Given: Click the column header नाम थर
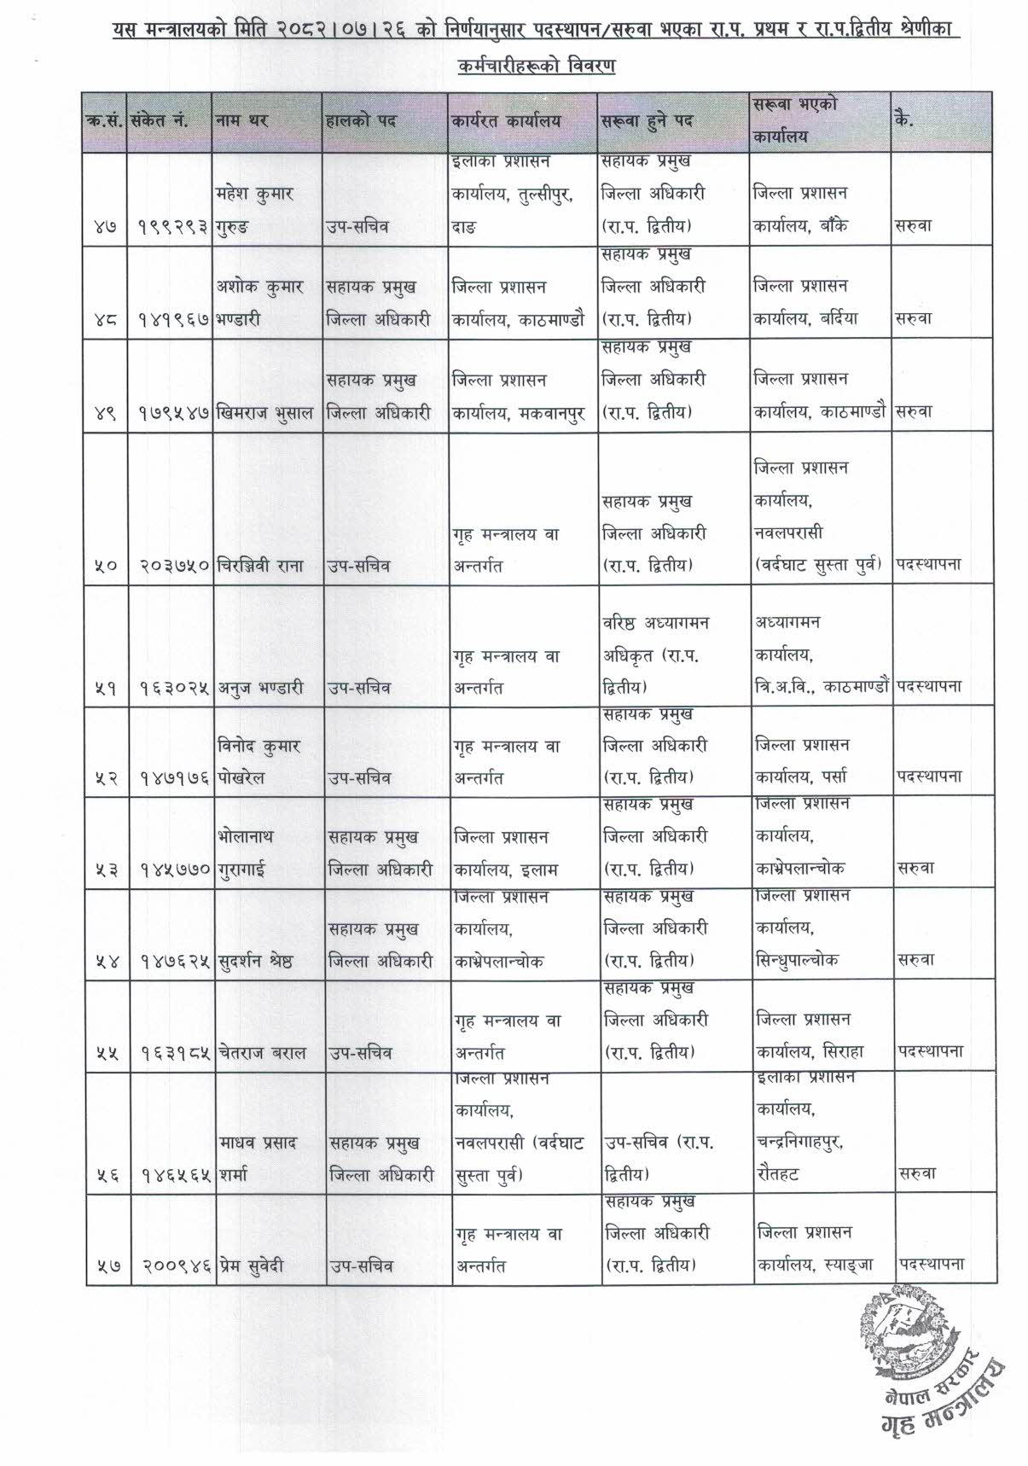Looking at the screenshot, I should pyautogui.click(x=241, y=121).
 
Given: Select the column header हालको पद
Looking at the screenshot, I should pyautogui.click(x=362, y=121).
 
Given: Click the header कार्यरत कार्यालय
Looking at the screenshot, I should pyautogui.click(x=507, y=121).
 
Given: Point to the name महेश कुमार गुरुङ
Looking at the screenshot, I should pyautogui.click(x=255, y=210).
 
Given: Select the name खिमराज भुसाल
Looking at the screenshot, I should pyautogui.click(x=265, y=413).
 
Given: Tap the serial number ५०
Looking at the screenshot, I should pyautogui.click(x=107, y=565).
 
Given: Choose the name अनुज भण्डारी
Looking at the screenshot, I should pyautogui.click(x=260, y=688).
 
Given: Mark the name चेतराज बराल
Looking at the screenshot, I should pyautogui.click(x=258, y=1053).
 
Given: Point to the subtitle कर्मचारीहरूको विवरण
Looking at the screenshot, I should pyautogui.click(x=536, y=66).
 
